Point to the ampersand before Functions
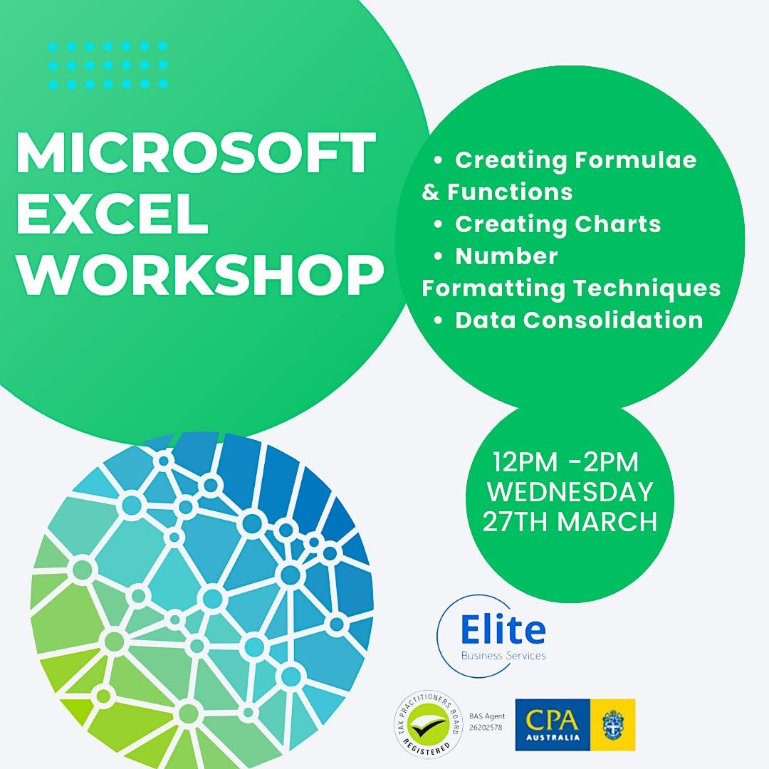[431, 192]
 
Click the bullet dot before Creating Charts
[438, 224]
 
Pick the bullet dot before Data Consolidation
[438, 320]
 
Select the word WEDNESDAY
[570, 492]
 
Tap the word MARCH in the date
[607, 522]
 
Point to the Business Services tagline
[503, 656]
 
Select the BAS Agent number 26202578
[486, 727]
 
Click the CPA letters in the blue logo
[553, 719]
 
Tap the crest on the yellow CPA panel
[613, 725]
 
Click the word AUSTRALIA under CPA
[553, 737]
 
